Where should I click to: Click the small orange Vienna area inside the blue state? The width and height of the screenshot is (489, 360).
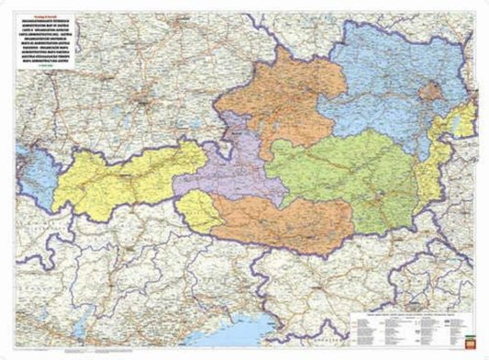(429, 91)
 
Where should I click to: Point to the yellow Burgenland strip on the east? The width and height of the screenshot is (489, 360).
(427, 174)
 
